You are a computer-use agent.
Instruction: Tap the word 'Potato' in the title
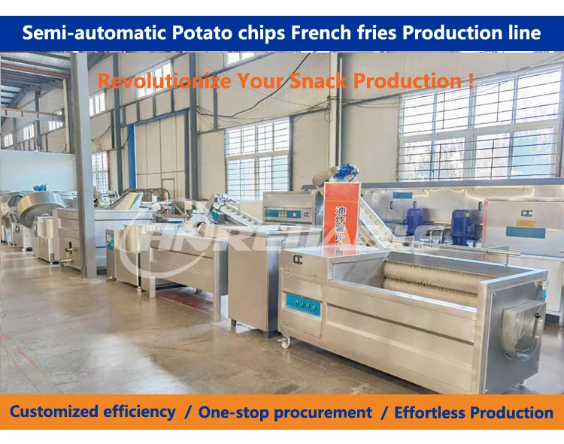197,33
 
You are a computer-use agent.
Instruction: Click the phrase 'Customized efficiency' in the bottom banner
92,412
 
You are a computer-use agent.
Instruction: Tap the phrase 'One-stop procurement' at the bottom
285,412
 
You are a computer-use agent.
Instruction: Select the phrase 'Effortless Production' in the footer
474,412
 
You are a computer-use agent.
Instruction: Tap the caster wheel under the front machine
286,342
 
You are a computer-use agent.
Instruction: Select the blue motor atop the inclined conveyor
347,173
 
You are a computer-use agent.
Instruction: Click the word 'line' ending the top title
523,33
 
